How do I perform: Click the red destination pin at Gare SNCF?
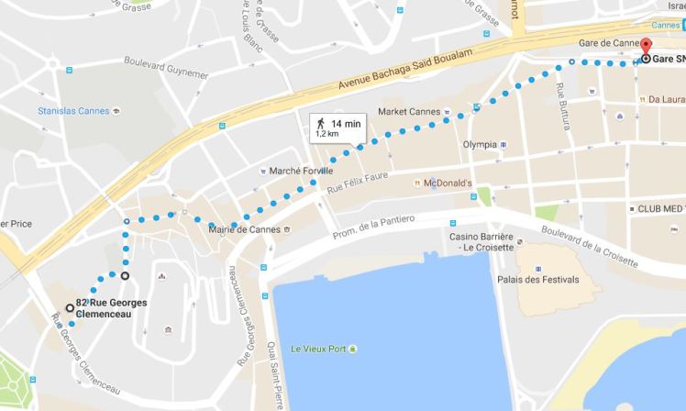click(645, 50)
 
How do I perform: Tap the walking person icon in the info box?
click(321, 122)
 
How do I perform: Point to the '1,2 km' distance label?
click(327, 134)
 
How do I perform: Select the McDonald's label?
click(447, 183)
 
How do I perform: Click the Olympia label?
click(480, 145)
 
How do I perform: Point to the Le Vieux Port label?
click(321, 348)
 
